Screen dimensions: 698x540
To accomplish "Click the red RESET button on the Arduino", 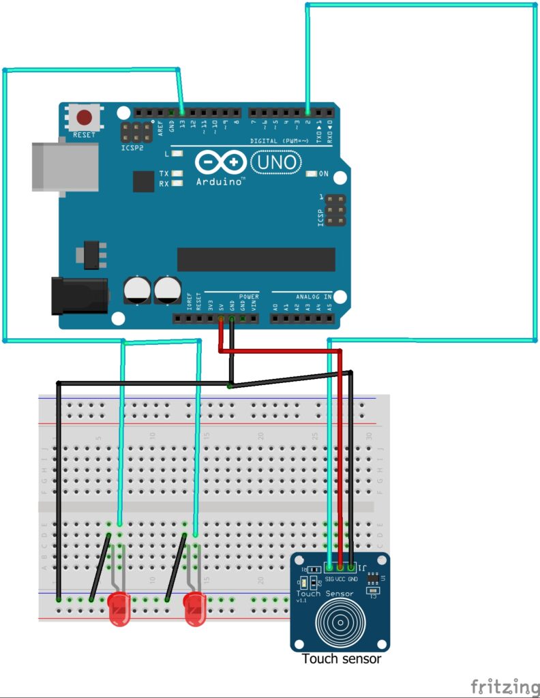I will click(x=85, y=117).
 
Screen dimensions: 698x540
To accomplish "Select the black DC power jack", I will click(x=79, y=295).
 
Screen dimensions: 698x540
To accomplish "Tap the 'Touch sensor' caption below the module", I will click(x=341, y=659).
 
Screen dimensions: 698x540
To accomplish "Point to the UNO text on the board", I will click(x=275, y=162).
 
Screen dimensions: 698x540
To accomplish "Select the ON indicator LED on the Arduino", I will click(x=312, y=174).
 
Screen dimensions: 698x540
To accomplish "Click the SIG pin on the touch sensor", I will click(x=329, y=567).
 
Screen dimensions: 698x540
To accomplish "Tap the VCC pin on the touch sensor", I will click(x=340, y=567).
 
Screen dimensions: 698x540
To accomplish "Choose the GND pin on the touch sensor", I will click(x=351, y=567).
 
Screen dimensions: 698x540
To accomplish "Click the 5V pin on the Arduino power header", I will click(x=221, y=318).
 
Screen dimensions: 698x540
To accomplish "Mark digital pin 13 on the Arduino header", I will click(x=182, y=112).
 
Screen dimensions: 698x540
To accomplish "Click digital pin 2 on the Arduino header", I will click(x=308, y=112).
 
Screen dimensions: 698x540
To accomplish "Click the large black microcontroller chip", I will click(x=256, y=260).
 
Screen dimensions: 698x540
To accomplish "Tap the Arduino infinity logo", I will click(x=220, y=163).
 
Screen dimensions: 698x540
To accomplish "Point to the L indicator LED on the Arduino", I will click(x=177, y=154).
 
